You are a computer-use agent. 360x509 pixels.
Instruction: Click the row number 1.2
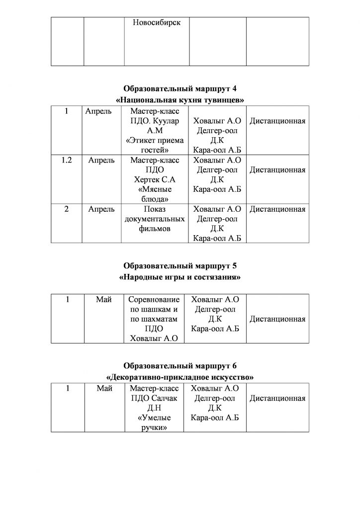(x=67, y=161)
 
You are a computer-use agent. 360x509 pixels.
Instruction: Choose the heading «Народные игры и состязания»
(x=180, y=277)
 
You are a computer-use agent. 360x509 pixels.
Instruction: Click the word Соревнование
(x=154, y=300)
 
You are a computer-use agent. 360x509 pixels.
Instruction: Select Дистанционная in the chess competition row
(x=277, y=319)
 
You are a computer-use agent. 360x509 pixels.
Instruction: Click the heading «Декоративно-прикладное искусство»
(x=180, y=377)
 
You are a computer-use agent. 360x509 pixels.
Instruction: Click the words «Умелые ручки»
(x=154, y=423)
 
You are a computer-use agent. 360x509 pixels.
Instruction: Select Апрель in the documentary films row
(x=101, y=209)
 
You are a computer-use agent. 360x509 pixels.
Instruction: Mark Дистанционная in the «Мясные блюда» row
(x=277, y=170)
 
